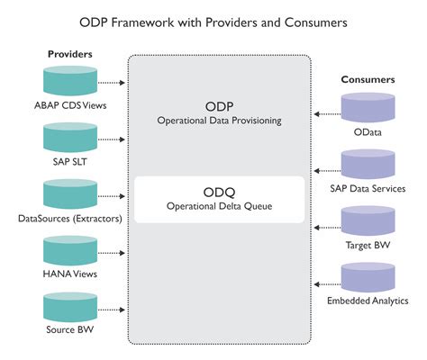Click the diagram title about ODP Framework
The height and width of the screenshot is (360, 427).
point(213,21)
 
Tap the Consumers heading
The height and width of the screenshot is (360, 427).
point(368,80)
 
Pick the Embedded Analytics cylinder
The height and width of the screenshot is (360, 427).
point(368,277)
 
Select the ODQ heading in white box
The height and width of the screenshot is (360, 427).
point(221,193)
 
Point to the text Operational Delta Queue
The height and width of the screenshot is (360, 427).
point(221,206)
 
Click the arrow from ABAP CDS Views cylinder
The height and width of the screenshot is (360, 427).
point(110,83)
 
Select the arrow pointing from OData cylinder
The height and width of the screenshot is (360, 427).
point(328,114)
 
